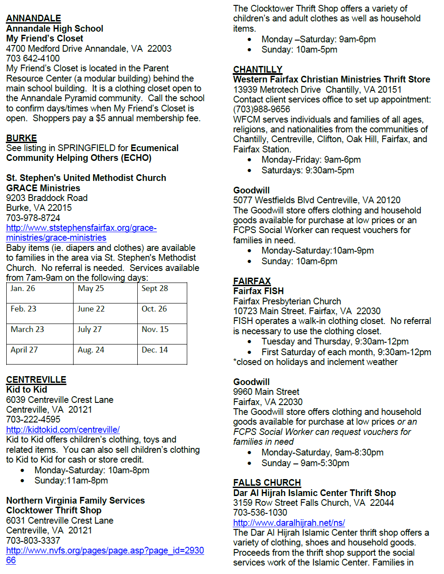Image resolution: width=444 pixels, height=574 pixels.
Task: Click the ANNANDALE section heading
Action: coord(33,18)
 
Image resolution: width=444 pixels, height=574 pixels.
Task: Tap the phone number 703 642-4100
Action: coord(33,58)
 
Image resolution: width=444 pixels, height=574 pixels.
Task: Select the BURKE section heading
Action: coord(21,138)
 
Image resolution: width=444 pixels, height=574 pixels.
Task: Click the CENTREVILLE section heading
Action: coord(36,380)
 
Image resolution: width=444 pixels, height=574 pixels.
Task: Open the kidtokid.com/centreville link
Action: coord(63,430)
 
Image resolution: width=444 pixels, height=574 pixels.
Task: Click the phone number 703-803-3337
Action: coord(33,541)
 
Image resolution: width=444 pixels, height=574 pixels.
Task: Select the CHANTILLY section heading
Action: coord(258,70)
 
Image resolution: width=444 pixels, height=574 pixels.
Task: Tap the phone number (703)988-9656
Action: coord(262,109)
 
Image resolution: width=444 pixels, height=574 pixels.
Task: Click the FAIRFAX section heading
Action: coord(252,281)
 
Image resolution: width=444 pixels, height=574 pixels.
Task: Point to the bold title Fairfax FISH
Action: coord(258,291)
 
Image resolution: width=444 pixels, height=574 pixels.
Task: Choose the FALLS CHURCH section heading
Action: coord(267,483)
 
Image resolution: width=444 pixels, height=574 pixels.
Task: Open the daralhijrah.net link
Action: coord(289,523)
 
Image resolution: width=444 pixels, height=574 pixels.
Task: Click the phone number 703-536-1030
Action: coord(260,513)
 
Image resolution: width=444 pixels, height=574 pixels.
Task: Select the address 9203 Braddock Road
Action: coord(47,198)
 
